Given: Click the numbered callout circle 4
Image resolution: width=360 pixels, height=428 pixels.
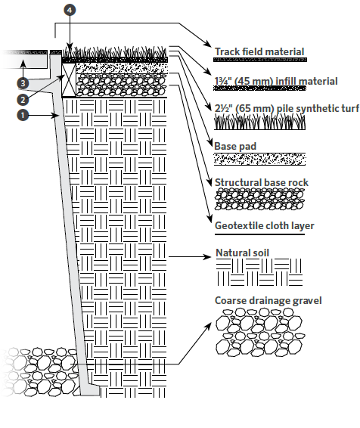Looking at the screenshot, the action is click(70, 11).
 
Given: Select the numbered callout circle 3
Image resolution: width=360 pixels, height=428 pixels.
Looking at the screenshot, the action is click(23, 83).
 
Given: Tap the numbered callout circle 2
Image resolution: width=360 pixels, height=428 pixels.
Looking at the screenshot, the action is click(23, 100).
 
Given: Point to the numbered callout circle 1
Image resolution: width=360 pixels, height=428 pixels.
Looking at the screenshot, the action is click(23, 115).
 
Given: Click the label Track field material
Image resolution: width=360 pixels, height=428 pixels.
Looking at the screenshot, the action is click(259, 51).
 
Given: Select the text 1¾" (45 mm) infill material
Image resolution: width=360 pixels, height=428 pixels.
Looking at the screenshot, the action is click(276, 81).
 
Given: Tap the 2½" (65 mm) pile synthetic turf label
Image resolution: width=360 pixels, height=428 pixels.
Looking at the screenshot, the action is click(287, 108).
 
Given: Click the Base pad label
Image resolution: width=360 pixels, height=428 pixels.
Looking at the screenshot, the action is click(235, 146).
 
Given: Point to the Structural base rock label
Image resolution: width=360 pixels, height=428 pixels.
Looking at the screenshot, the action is click(262, 182).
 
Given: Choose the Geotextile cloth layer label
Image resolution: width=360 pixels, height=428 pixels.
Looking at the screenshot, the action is click(265, 226).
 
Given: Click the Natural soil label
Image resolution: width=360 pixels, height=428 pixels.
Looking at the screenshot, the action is click(242, 253).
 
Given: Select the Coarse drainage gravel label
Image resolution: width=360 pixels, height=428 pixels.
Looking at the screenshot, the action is click(268, 300).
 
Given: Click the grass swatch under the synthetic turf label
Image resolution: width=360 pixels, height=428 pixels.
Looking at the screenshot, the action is click(259, 122).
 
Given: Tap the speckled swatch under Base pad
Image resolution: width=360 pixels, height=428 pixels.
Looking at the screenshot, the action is click(259, 159).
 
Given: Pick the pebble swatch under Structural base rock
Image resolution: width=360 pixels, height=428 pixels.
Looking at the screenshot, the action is click(259, 199).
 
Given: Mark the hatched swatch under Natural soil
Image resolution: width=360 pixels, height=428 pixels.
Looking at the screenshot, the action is click(259, 272).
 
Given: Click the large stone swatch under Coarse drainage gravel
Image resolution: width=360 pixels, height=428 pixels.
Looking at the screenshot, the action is click(260, 332).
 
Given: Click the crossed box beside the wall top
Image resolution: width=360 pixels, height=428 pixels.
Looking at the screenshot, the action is click(69, 79).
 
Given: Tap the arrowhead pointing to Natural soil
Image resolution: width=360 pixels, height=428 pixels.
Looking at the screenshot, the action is click(208, 257).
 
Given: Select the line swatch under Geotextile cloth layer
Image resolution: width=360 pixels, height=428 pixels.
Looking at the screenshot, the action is click(259, 234).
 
